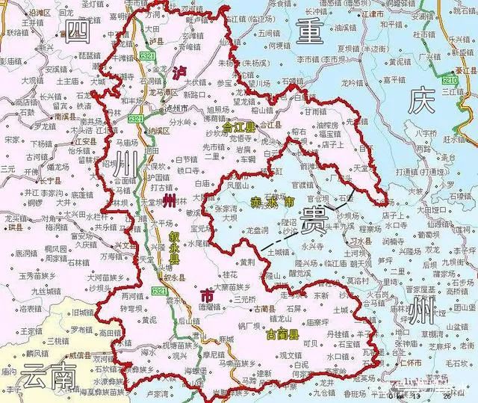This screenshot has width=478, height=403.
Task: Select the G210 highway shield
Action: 450,78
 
